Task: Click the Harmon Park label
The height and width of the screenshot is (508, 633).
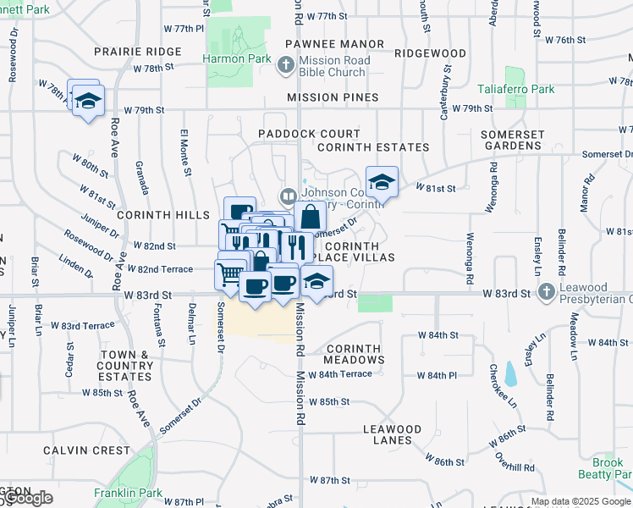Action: [x=237, y=59]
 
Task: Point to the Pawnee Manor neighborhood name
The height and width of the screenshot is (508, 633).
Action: [x=334, y=43]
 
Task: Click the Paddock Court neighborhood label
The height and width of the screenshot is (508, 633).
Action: [x=309, y=134]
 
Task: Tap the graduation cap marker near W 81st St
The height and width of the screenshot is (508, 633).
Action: [x=381, y=181]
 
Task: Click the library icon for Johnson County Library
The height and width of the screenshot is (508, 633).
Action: [x=289, y=197]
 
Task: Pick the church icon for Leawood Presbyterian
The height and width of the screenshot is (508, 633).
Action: [x=548, y=292]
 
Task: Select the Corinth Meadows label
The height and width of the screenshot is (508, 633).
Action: [x=355, y=354]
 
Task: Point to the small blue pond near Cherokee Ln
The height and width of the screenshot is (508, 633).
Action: [x=510, y=373]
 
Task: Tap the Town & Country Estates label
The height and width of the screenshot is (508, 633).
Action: [x=127, y=365]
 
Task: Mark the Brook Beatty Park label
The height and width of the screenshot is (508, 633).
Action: [x=607, y=469]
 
